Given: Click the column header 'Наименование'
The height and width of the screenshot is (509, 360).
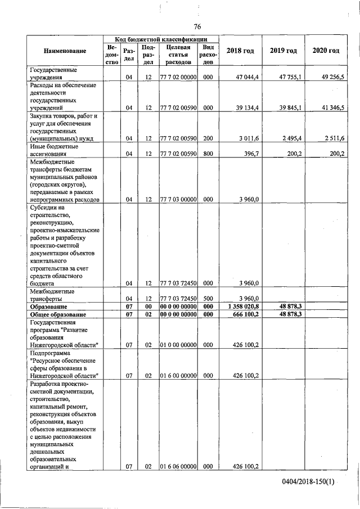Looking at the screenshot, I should pos(65,51).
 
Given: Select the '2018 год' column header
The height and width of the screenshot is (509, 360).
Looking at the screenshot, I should pos(240,51).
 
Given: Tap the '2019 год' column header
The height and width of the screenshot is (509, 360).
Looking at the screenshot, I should pos(283,51).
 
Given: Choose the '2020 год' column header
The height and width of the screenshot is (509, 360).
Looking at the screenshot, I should pos(326,51).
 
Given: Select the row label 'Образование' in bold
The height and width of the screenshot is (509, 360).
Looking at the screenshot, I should pos(48,307).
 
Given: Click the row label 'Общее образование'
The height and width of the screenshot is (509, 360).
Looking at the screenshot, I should pos(57,314).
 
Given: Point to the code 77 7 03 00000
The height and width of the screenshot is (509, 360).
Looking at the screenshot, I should pos(178,200).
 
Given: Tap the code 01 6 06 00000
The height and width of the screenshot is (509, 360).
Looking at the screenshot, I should pos(178,466).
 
